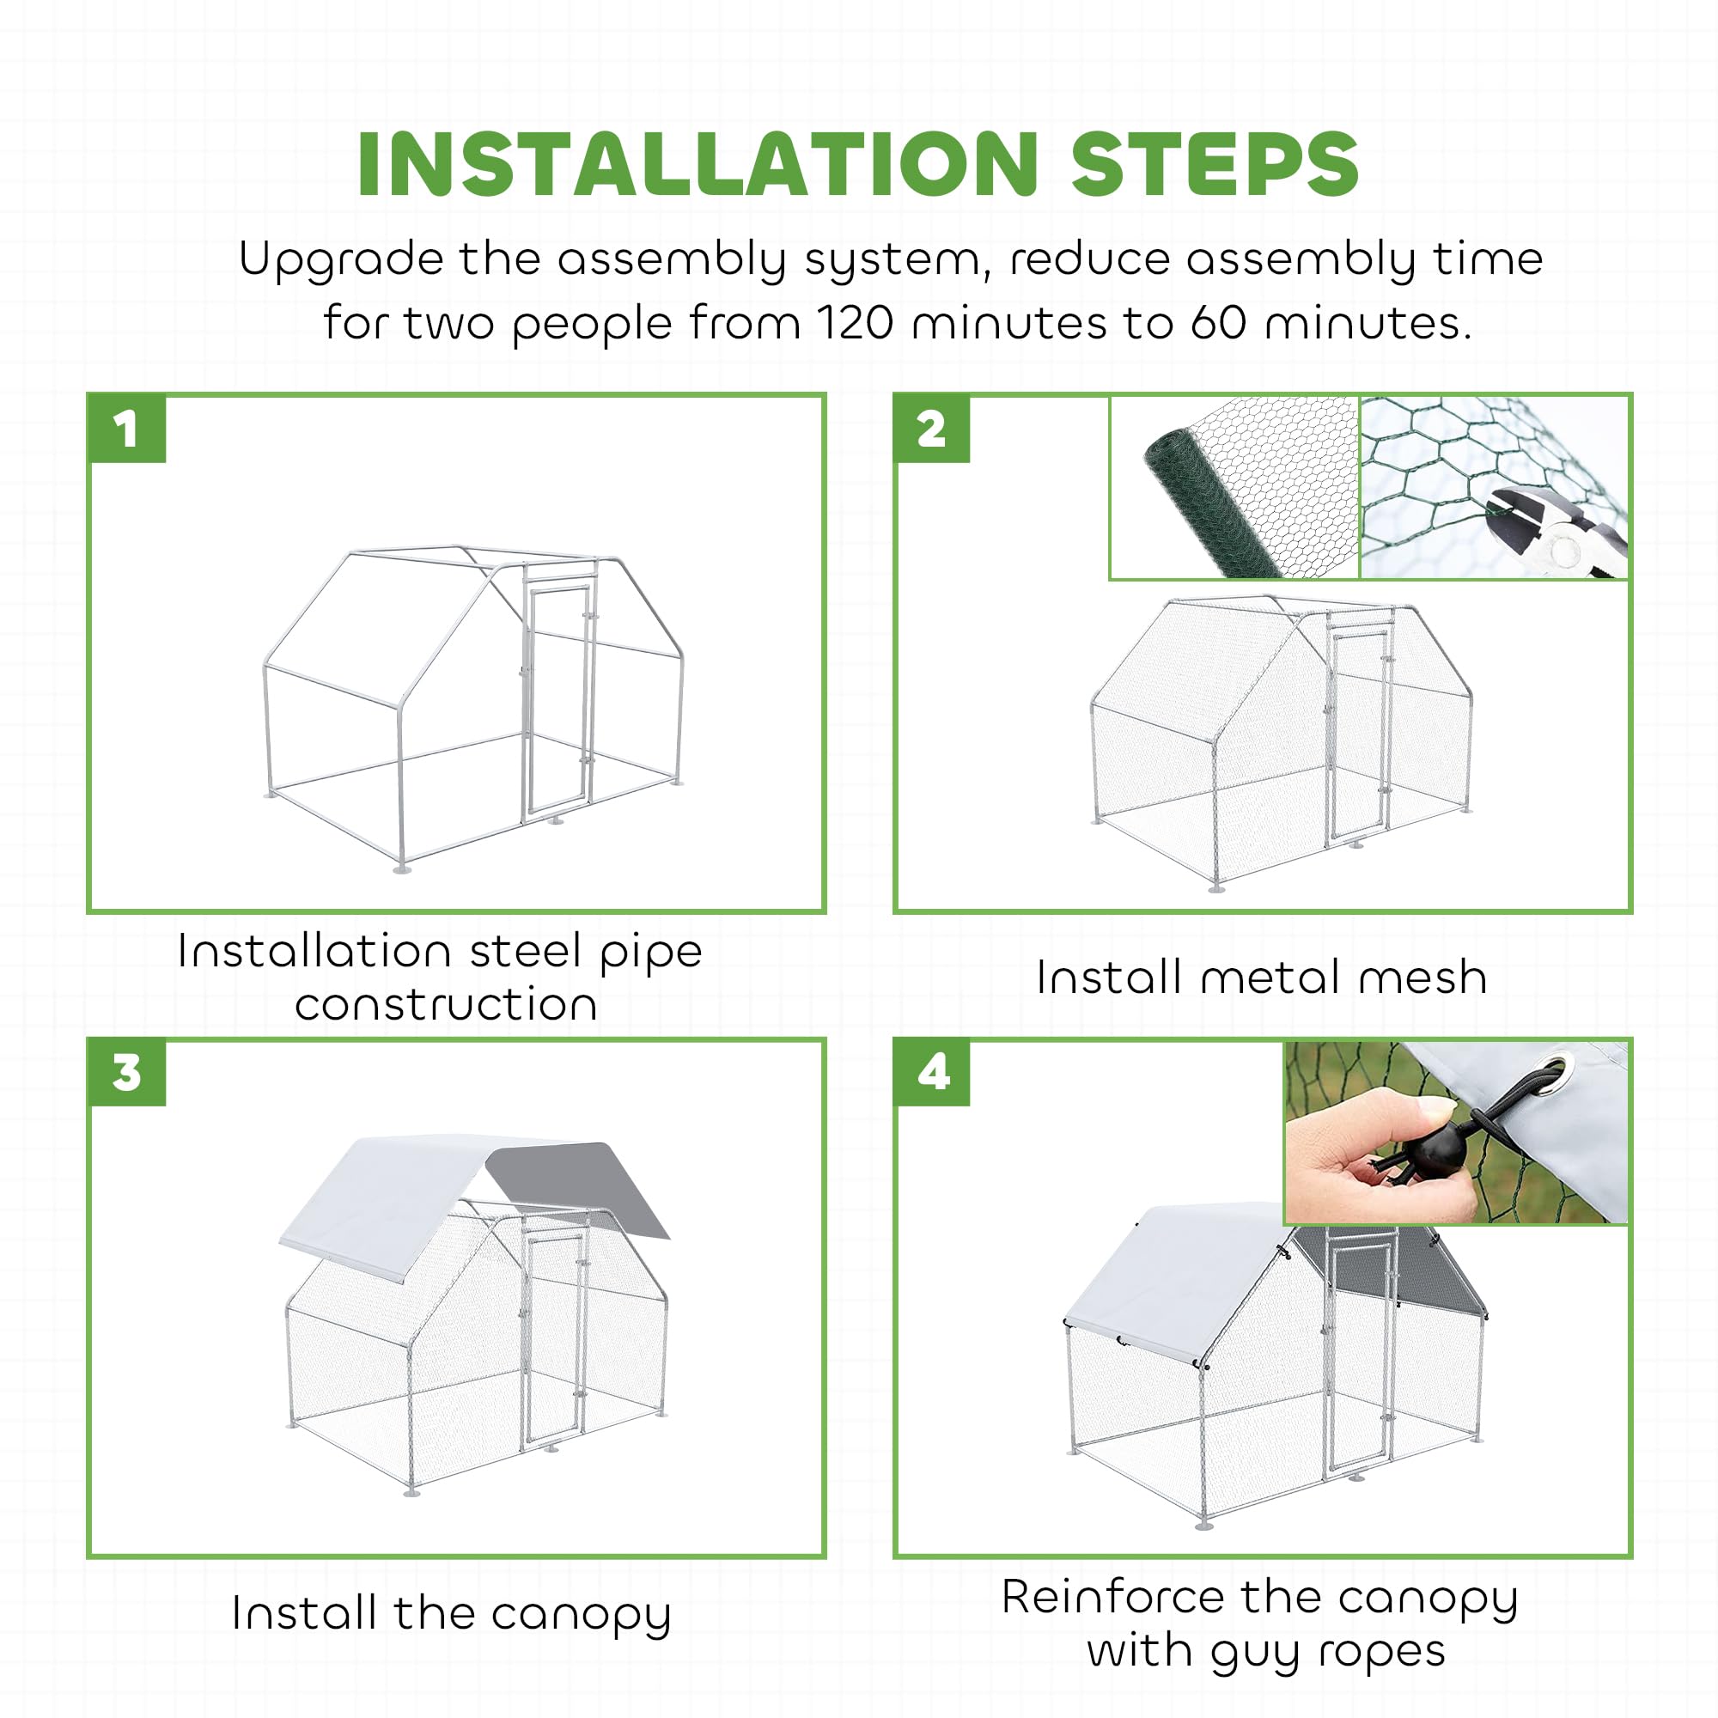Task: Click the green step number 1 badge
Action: point(127,429)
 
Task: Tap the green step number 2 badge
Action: point(932,429)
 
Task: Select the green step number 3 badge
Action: point(127,1072)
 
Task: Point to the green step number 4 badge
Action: point(932,1072)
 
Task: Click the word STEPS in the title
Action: point(1215,165)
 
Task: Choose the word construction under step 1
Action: point(446,1005)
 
